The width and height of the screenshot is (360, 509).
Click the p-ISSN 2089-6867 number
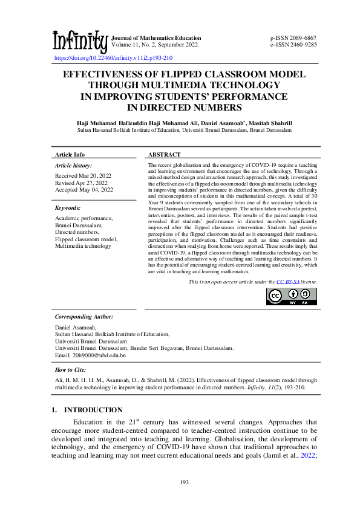click(293, 38)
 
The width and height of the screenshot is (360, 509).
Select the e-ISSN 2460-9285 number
click(293, 44)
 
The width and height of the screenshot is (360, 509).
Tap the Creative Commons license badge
click(291, 296)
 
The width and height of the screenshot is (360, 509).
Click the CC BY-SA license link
click(289, 282)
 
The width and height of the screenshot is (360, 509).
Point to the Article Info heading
click(70, 155)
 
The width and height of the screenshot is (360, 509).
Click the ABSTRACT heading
click(165, 155)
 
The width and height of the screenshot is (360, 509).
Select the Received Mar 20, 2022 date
click(83, 175)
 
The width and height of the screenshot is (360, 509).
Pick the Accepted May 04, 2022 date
click(84, 190)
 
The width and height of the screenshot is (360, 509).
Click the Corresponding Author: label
click(83, 316)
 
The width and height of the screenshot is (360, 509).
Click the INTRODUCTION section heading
click(93, 410)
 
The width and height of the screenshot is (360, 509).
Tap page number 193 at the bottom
click(180, 481)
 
